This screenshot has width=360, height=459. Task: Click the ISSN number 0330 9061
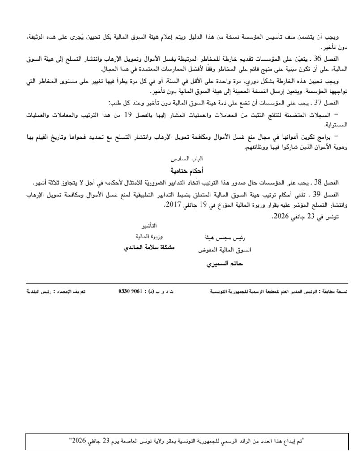click(130, 292)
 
